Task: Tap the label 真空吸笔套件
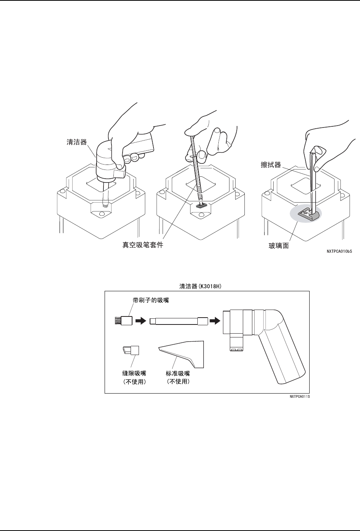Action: pyautogui.click(x=140, y=245)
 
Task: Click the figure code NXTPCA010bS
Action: pyautogui.click(x=339, y=252)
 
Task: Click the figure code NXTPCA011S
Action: pyautogui.click(x=299, y=397)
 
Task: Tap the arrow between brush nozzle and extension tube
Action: pyautogui.click(x=141, y=321)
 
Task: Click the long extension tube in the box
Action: pyautogui.click(x=179, y=321)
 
